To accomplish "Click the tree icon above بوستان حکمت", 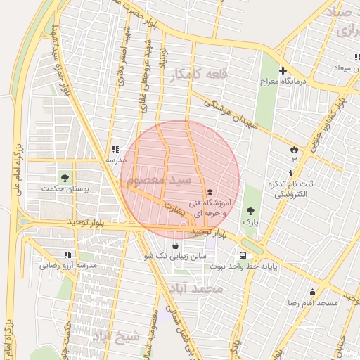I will (x=65, y=176).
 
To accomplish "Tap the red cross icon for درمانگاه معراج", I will (x=283, y=70).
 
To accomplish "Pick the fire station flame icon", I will (x=294, y=149).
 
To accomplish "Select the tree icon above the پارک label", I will (x=250, y=210).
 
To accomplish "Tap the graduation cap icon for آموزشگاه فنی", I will (x=209, y=192).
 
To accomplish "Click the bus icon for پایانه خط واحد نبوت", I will (x=243, y=256).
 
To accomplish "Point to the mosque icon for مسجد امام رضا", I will (x=312, y=292).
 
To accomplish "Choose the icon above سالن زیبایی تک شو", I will (x=174, y=245).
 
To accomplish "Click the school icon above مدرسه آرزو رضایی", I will (x=67, y=255).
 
